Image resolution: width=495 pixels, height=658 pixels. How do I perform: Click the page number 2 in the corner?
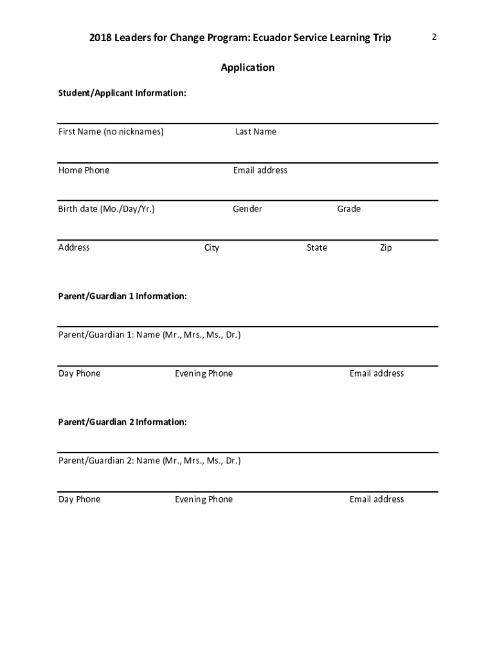click(x=434, y=37)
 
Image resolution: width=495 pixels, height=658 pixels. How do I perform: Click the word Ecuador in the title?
click(x=273, y=38)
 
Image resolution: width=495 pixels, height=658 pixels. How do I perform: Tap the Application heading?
click(x=248, y=67)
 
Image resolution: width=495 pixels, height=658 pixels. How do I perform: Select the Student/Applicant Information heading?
click(x=122, y=93)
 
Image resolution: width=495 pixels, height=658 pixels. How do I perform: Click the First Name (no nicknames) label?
click(x=111, y=132)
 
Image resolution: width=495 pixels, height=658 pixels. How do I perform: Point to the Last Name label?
click(x=256, y=132)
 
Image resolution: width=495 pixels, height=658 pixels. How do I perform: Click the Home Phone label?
click(x=84, y=170)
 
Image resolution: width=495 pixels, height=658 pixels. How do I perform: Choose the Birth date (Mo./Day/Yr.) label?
click(x=107, y=209)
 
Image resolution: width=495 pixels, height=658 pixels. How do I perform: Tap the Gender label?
click(x=248, y=209)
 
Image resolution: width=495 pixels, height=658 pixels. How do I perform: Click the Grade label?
click(x=349, y=209)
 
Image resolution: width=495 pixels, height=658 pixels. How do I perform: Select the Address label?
click(x=74, y=247)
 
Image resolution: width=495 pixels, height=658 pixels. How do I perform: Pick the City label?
click(x=212, y=247)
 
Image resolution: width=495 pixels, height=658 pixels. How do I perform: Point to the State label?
click(x=317, y=247)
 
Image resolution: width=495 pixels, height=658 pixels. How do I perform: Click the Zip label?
click(x=386, y=247)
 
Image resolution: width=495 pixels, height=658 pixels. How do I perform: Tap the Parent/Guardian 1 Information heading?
click(x=123, y=296)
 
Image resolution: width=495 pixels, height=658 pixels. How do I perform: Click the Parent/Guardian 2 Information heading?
click(x=123, y=422)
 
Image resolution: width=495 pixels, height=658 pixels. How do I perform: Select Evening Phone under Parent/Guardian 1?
click(x=204, y=373)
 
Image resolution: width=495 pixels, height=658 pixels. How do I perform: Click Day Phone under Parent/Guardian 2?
click(x=80, y=499)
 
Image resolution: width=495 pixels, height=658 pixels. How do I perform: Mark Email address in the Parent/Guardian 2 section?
click(x=377, y=499)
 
